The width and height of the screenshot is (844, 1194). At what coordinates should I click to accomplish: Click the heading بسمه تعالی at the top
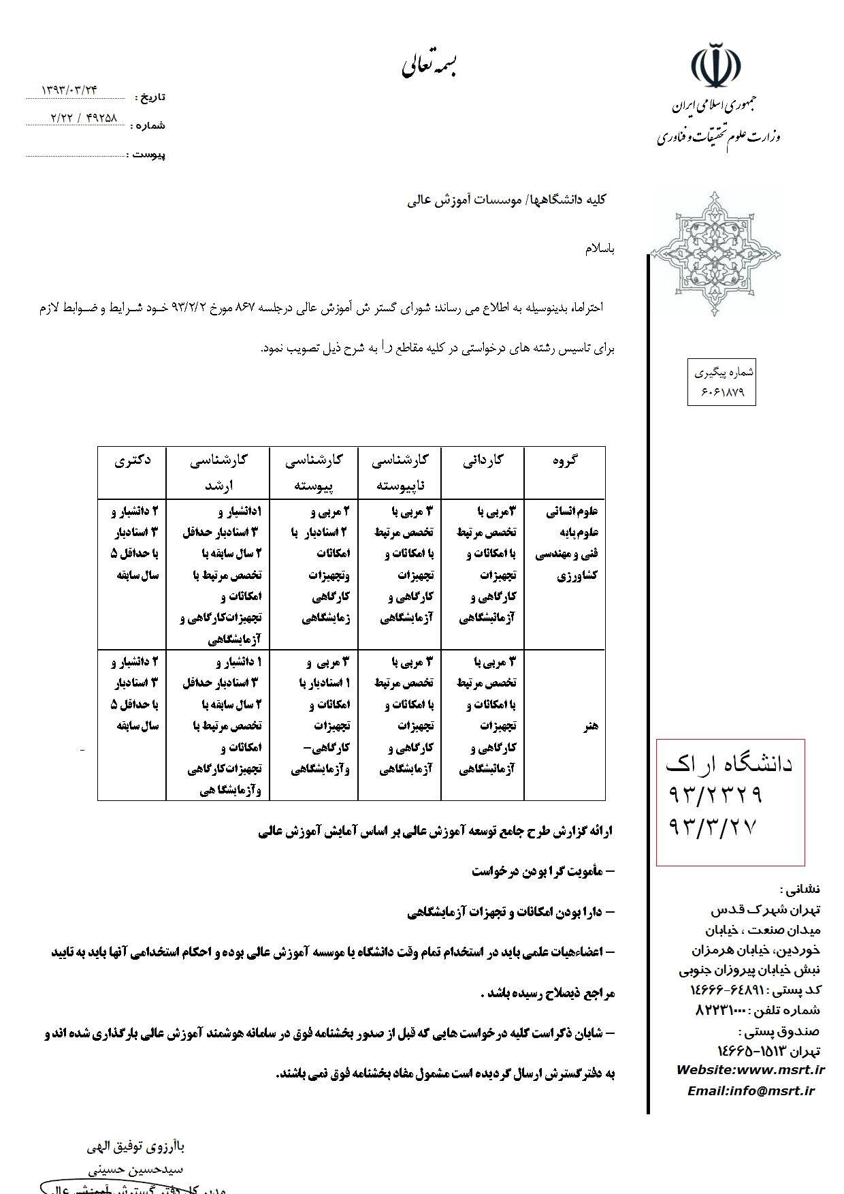[429, 66]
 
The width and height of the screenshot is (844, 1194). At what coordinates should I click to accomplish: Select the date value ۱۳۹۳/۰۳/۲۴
[70, 89]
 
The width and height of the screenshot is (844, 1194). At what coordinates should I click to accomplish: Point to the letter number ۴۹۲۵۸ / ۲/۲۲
[84, 117]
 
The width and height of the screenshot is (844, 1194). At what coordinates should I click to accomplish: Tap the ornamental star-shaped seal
[715, 254]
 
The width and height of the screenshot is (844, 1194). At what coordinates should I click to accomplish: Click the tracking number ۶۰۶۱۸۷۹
[721, 392]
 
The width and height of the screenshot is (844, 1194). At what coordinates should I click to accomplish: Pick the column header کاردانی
[483, 460]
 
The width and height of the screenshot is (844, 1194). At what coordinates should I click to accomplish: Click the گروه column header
[565, 460]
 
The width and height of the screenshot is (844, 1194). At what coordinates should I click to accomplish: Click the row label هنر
[590, 725]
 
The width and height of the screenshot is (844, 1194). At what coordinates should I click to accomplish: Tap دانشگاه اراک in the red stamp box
[729, 764]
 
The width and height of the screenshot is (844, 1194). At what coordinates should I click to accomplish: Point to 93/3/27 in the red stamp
[713, 827]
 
